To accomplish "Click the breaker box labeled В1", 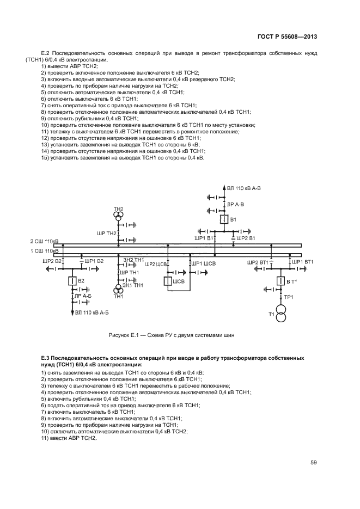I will [x=224, y=220].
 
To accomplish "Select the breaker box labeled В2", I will [x=71, y=281].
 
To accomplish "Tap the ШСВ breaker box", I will [x=168, y=281].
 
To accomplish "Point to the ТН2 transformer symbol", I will [x=118, y=217].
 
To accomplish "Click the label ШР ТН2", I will [x=107, y=233].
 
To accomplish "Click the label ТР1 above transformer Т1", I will [x=289, y=297].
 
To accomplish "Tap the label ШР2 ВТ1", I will [x=257, y=262].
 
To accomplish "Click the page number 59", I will [x=314, y=463].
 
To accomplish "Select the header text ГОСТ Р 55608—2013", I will [x=288, y=36].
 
